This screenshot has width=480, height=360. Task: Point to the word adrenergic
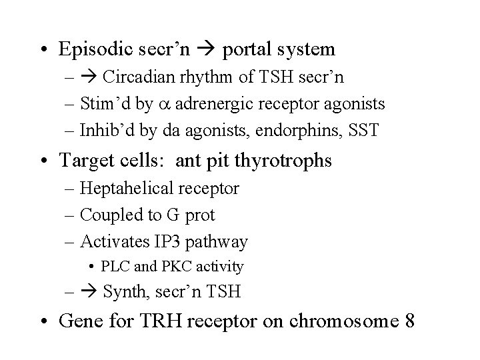click(x=202, y=105)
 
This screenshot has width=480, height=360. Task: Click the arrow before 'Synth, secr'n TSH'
click(x=91, y=291)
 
